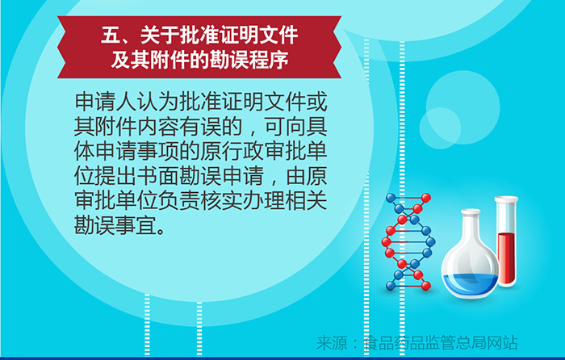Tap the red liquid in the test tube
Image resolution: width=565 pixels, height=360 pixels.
click(507, 257)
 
